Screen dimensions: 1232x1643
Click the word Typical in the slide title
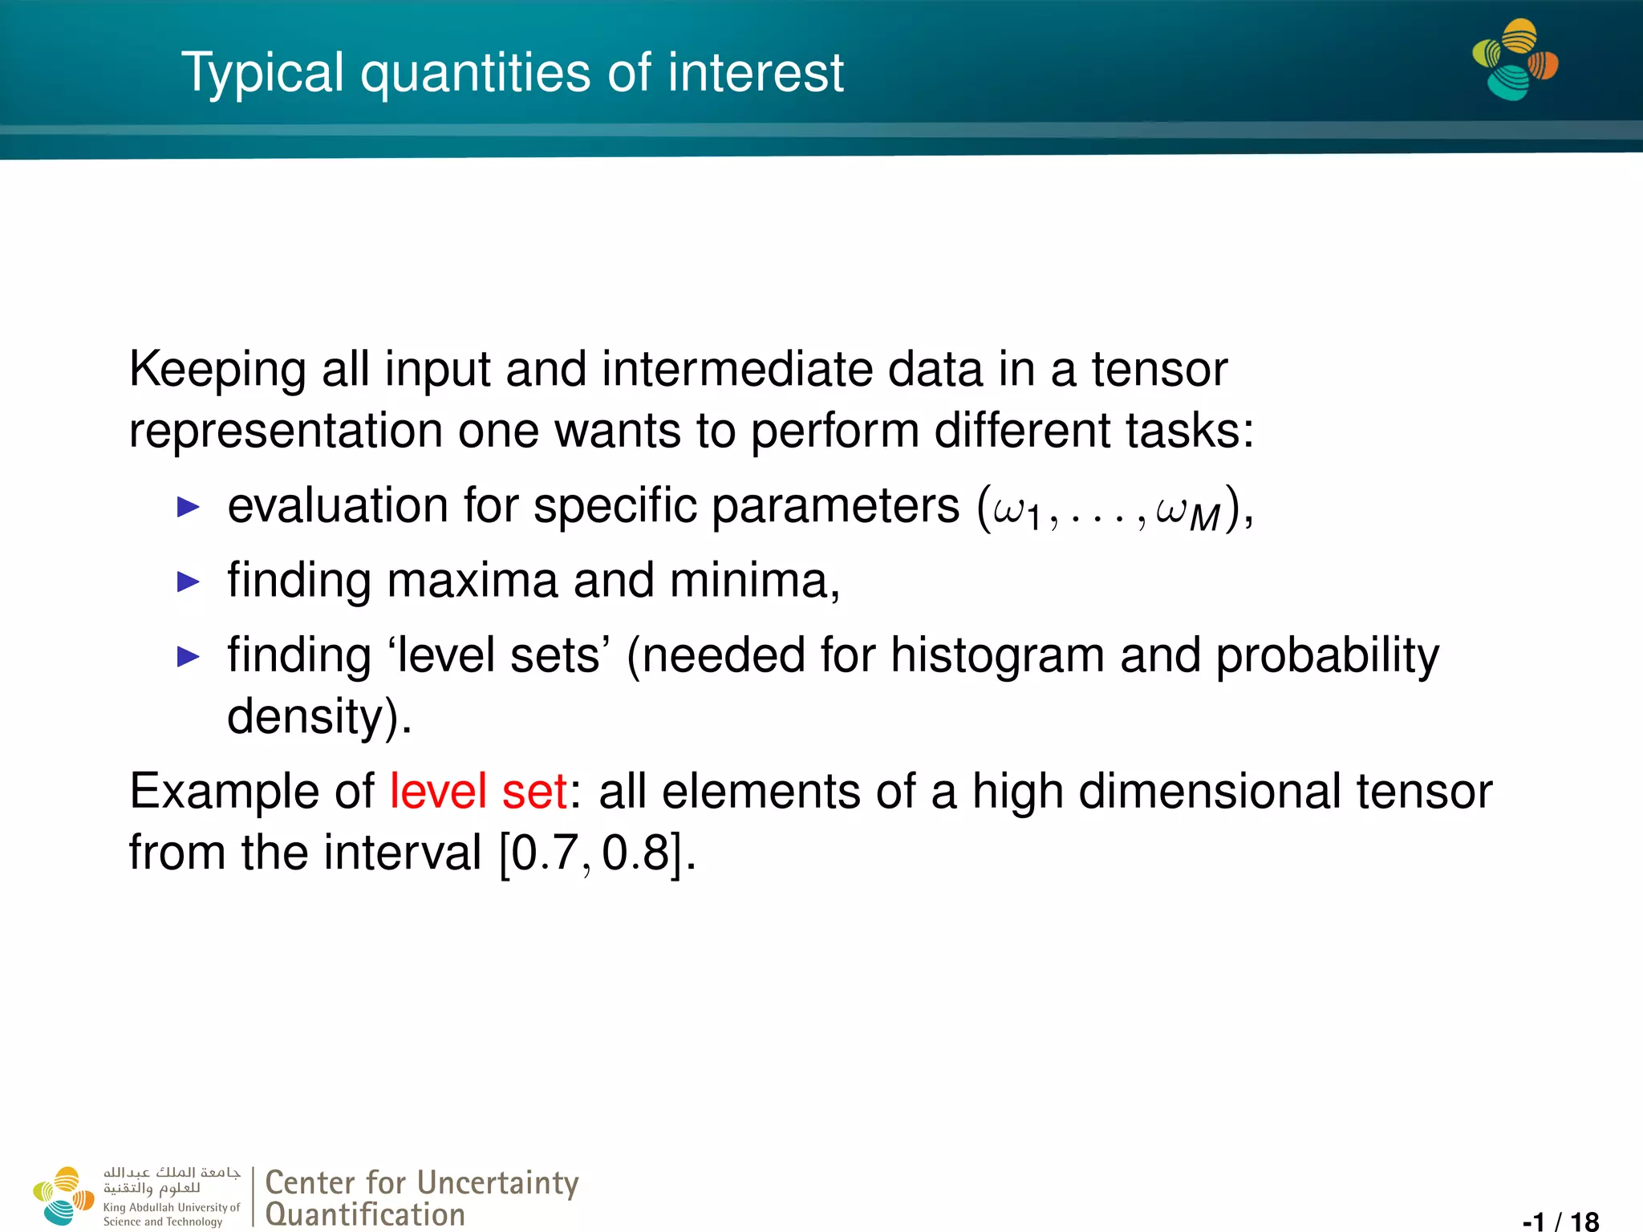262,73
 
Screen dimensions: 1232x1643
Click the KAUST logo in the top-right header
1515,60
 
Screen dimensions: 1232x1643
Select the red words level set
478,791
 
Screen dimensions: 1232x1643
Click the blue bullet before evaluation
188,507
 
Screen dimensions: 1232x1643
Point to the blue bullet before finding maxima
188,582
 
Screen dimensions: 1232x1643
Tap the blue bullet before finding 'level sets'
188,657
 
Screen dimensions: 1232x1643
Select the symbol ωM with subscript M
1187,513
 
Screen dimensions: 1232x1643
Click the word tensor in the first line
1158,369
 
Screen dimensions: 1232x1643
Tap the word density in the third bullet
304,716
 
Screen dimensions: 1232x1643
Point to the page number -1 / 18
1560,1221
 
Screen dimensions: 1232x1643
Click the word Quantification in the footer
365,1214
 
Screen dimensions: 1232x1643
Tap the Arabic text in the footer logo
171,1180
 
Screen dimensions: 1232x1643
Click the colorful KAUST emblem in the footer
64,1196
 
